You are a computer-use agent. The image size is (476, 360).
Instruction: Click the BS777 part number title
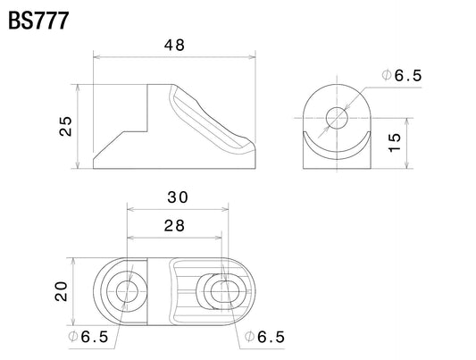pos(38,21)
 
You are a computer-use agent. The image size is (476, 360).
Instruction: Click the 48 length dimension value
pos(174,46)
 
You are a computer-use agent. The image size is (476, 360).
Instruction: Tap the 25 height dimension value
pos(66,126)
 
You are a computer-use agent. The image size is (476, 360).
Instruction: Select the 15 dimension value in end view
pos(395,142)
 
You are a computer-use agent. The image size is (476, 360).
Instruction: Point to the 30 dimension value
pos(178,197)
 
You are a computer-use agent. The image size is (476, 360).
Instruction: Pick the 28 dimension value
pos(174,226)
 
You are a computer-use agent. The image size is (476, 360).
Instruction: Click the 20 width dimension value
pos(61,291)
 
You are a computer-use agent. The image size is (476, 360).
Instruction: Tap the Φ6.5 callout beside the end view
pos(402,75)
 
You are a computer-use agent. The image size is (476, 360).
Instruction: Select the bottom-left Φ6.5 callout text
pos(88,337)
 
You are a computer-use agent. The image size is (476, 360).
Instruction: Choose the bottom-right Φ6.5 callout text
pos(264,337)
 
